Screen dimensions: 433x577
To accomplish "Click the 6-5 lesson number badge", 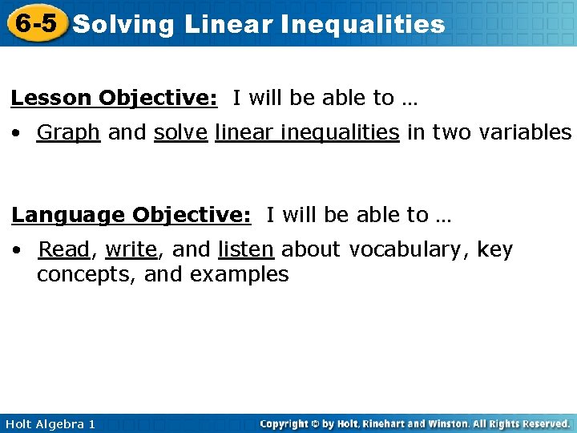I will click(34, 23).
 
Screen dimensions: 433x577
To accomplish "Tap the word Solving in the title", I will click(123, 25).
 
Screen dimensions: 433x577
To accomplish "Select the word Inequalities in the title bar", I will click(362, 25).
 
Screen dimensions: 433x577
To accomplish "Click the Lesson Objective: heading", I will click(114, 99).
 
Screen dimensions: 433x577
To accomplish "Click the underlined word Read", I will click(64, 250).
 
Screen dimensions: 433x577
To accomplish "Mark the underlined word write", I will click(131, 250).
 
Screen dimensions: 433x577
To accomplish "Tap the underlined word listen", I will click(246, 250).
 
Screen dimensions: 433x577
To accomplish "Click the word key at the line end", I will click(494, 250).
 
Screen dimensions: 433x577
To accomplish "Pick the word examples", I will click(240, 275).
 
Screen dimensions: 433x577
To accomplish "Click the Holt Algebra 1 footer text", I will click(50, 423).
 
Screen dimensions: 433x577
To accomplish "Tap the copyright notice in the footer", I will click(415, 423).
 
